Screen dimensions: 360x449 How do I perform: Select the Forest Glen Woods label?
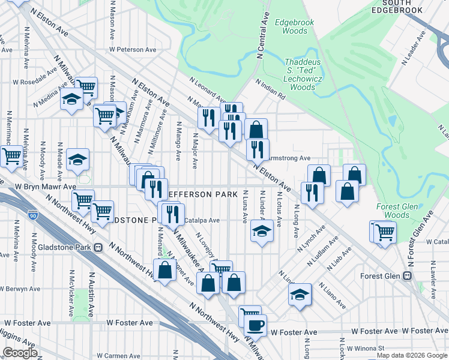point(396,211)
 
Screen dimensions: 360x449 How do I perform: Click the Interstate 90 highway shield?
point(32,214)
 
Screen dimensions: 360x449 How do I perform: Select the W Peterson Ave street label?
point(133,50)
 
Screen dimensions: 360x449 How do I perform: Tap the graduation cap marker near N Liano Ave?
point(300,294)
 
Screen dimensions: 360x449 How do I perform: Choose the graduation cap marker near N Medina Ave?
point(71,99)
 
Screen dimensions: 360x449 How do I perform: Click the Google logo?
point(20,353)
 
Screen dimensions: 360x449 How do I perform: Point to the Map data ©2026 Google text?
point(411,355)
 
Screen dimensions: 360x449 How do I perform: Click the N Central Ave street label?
point(261,38)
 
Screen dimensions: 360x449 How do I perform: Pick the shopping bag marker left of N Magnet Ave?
point(165,271)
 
